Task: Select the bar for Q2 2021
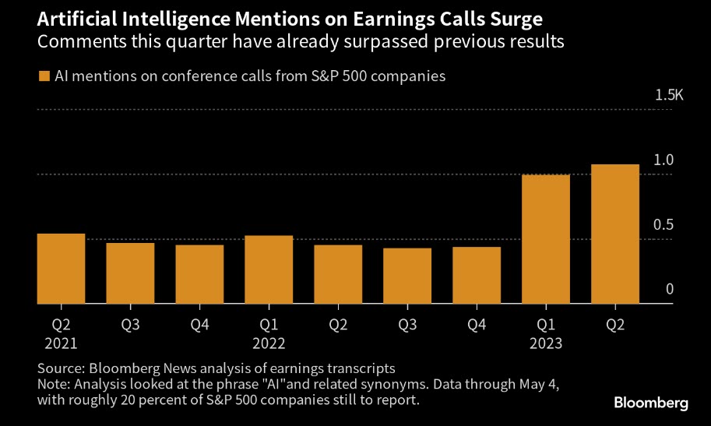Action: [x=61, y=269]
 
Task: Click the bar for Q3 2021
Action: [x=130, y=273]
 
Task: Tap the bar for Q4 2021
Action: [x=199, y=274]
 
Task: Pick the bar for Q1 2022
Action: [x=269, y=269]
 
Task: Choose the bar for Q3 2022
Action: [x=407, y=276]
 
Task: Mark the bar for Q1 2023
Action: [x=546, y=239]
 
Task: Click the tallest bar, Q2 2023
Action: [x=615, y=234]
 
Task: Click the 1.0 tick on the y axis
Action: [x=663, y=160]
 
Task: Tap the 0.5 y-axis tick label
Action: [x=663, y=225]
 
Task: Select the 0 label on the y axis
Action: [x=669, y=290]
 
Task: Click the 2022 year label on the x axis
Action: [x=269, y=343]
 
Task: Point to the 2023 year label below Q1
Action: [x=546, y=343]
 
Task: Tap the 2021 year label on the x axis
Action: [x=61, y=343]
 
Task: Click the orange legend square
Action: [x=43, y=76]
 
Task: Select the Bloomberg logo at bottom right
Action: [x=651, y=403]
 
